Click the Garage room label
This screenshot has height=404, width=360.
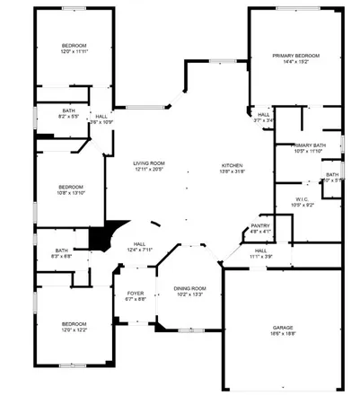point(283,328)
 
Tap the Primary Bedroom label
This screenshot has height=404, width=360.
point(295,56)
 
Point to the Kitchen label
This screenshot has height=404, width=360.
point(232,166)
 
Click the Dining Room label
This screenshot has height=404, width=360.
point(189,288)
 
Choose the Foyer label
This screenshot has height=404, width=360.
point(135,293)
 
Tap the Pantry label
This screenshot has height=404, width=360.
point(260,226)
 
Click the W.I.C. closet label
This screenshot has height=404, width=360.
point(302,199)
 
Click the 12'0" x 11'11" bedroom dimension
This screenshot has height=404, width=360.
point(74,52)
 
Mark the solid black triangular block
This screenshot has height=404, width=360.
point(98,238)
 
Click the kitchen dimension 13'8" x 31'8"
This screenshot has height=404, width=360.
point(232,172)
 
